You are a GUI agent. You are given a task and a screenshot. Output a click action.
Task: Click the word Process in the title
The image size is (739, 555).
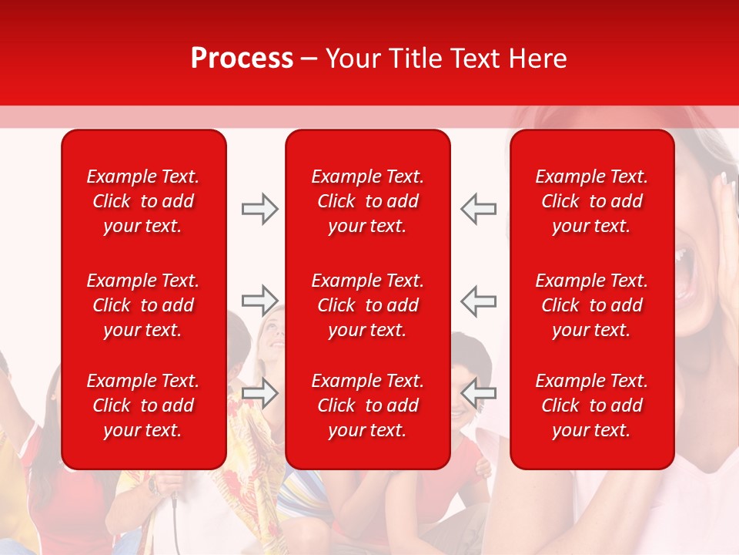(242, 59)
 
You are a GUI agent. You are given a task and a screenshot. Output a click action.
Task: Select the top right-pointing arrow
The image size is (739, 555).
(260, 209)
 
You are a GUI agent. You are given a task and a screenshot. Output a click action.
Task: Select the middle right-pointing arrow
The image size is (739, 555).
(260, 301)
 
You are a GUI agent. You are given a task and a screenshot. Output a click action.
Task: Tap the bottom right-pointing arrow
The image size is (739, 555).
(260, 393)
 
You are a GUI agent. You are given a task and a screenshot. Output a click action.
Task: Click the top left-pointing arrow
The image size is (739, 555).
(478, 209)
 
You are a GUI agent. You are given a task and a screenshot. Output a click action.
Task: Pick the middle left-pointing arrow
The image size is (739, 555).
(478, 301)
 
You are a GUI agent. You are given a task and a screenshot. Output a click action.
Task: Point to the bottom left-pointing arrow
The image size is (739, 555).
(478, 393)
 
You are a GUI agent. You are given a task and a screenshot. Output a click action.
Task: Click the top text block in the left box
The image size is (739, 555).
(143, 201)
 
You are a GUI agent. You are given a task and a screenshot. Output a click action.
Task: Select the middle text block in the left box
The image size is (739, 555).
(143, 305)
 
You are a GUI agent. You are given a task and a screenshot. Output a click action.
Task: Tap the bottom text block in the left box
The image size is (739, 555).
(143, 405)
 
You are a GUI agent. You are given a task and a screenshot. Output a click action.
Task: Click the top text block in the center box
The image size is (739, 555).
(367, 201)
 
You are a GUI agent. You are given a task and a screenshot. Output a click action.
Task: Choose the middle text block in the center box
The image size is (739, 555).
(367, 305)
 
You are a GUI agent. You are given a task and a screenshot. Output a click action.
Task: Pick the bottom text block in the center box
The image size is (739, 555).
(367, 405)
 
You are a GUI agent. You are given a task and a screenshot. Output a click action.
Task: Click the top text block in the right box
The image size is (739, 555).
(591, 201)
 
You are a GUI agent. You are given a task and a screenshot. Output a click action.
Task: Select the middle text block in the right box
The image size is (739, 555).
(591, 305)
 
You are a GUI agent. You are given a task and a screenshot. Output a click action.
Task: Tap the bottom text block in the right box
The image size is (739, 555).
(591, 405)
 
